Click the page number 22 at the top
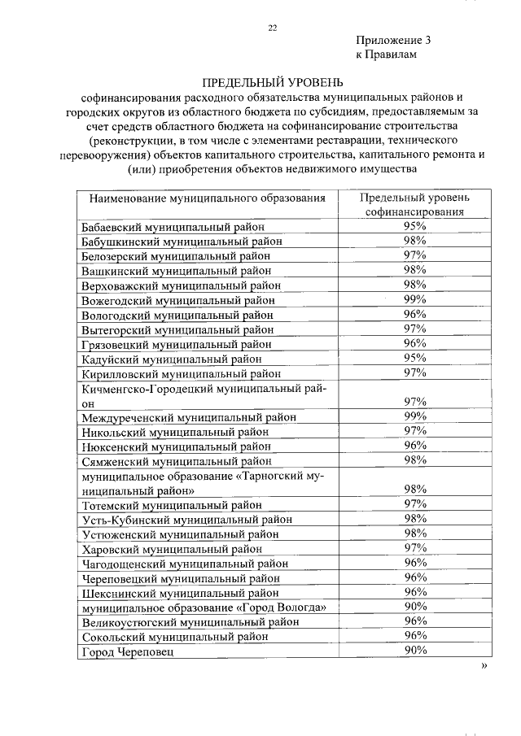click(x=273, y=28)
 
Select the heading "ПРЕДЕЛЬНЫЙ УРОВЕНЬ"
click(x=273, y=82)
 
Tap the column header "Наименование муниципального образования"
click(x=208, y=198)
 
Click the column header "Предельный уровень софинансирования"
click(x=415, y=204)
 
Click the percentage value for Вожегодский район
click(x=415, y=299)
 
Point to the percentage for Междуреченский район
click(x=415, y=416)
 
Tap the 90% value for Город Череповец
click(x=415, y=651)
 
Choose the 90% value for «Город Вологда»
click(x=415, y=607)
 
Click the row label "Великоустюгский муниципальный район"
click(x=190, y=622)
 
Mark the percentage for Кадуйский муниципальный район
click(x=415, y=358)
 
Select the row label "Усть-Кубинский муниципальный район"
click(x=187, y=520)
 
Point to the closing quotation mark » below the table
click(x=485, y=665)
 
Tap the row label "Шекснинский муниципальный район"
click(x=179, y=593)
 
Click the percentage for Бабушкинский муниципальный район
click(x=415, y=241)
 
